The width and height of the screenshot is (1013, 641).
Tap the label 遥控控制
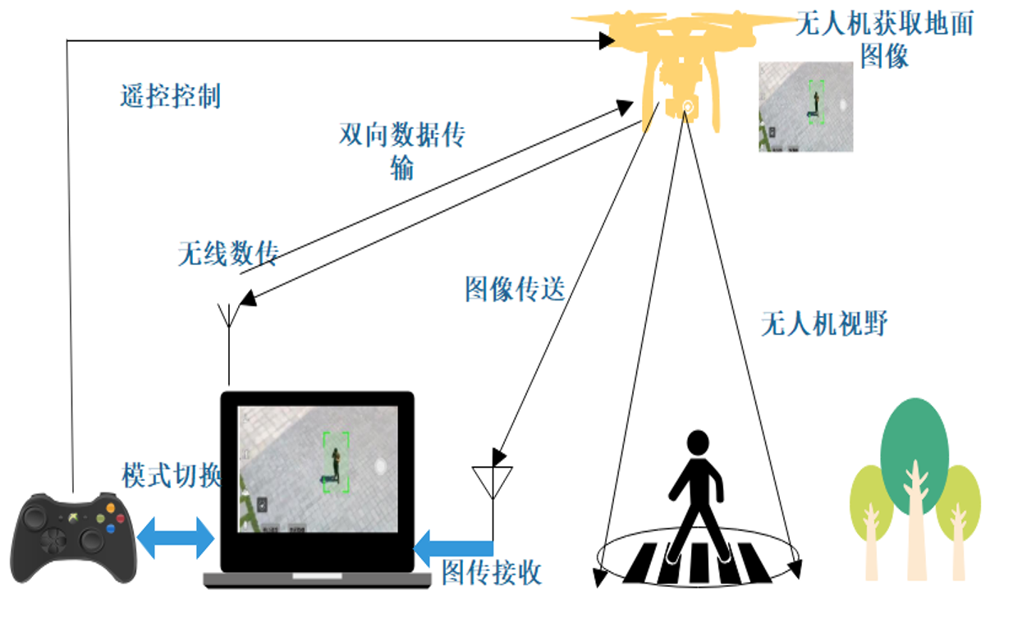(170, 96)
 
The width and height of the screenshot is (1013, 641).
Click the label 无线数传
(228, 254)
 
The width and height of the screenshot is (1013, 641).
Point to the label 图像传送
(515, 289)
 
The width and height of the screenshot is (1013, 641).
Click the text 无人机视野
(823, 324)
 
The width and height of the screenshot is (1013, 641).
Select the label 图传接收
(492, 572)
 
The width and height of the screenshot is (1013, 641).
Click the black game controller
(73, 538)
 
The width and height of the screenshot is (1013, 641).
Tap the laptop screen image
(318, 469)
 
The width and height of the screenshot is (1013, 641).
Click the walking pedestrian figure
(696, 492)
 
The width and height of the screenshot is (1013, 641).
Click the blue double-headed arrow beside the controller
(175, 538)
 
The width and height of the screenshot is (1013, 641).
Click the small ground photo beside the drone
(805, 107)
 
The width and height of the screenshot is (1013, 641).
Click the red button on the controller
(120, 519)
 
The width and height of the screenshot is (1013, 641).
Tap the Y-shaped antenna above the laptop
(228, 316)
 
